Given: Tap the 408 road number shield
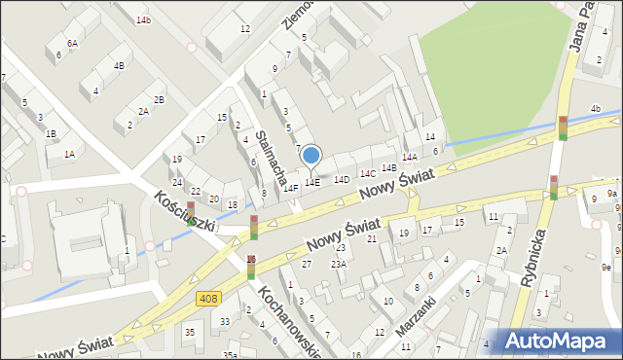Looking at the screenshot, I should click(x=206, y=297).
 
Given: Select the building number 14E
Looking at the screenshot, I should click(x=312, y=182).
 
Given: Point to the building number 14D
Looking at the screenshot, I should click(x=342, y=180).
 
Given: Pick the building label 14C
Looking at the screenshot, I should click(x=368, y=173).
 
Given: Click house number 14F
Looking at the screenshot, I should click(x=290, y=188).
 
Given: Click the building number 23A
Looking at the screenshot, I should click(x=339, y=264).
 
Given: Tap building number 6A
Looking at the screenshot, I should click(x=73, y=44).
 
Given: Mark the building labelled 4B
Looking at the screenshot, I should click(x=119, y=66).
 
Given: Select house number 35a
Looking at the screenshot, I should click(x=230, y=355).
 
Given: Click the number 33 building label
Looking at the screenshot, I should click(x=225, y=321).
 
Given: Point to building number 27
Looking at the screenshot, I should click(x=307, y=264).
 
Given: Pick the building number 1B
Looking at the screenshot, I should click(x=51, y=133).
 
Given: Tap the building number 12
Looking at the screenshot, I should click(x=245, y=29).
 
